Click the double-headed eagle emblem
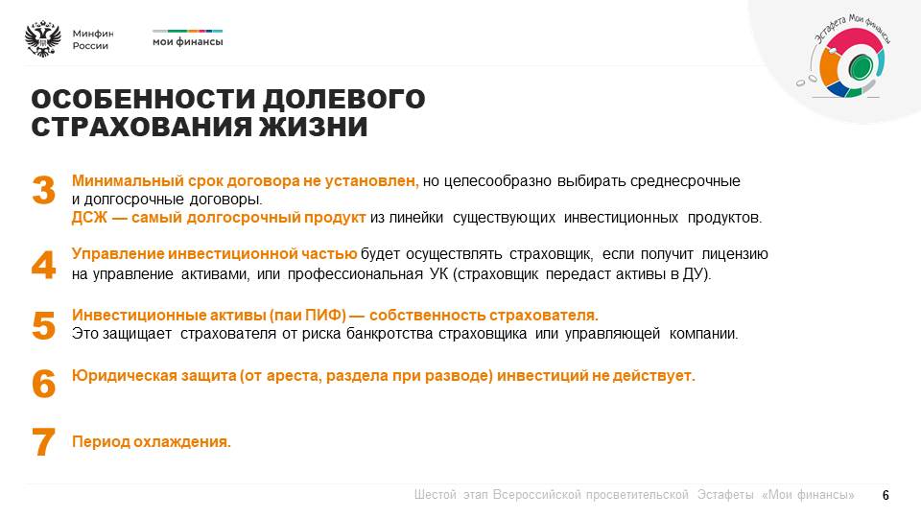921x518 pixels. (x=43, y=39)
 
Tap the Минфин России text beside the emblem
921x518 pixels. (x=93, y=39)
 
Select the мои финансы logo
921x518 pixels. (x=187, y=38)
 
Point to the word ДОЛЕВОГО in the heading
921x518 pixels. (x=343, y=99)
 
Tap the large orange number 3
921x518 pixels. (x=43, y=190)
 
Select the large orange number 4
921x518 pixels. (x=43, y=265)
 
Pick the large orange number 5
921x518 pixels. (x=43, y=326)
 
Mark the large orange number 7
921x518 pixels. (x=43, y=442)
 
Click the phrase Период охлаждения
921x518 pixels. (x=152, y=441)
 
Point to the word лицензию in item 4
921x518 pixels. (x=735, y=254)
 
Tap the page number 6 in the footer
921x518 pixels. (x=886, y=495)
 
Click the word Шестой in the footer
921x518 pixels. (x=436, y=495)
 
